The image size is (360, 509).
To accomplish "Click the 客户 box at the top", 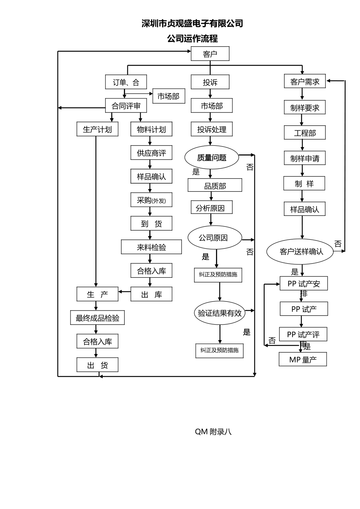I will [210, 54].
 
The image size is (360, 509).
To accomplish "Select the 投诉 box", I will [210, 82].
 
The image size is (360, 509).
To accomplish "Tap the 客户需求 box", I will [305, 81].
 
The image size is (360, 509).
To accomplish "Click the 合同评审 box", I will [126, 106].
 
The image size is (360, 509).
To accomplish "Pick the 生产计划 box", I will [97, 130].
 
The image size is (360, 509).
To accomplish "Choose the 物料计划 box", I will [151, 130].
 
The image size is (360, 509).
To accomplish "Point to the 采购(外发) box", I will [151, 200].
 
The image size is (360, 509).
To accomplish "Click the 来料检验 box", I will [151, 247].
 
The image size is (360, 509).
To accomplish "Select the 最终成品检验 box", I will [97, 318].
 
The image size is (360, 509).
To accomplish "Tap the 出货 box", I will [97, 365].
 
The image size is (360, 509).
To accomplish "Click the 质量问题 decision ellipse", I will [211, 158].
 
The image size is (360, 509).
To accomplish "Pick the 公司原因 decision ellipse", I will [214, 238].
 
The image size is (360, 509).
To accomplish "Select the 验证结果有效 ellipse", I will [219, 313].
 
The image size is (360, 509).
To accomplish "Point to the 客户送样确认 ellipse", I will [300, 251].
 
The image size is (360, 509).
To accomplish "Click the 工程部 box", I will [305, 133].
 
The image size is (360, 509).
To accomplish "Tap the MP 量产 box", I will [303, 359].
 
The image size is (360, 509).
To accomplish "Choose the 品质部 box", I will [215, 186].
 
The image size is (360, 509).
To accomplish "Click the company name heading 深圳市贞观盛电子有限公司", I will [192, 23].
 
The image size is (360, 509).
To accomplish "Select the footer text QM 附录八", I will [213, 431].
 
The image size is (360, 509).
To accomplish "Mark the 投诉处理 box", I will [211, 130].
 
